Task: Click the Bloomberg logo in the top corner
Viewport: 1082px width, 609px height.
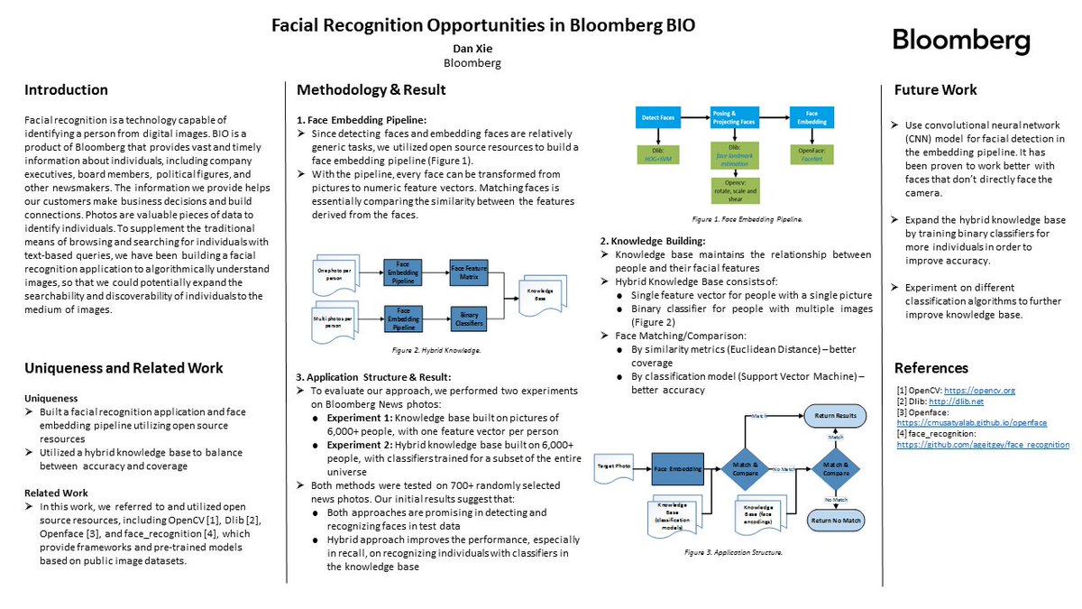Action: click(960, 40)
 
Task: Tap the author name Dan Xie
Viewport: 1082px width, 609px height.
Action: click(472, 48)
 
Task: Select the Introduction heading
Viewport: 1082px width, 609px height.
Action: click(66, 89)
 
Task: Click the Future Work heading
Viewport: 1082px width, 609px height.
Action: click(935, 89)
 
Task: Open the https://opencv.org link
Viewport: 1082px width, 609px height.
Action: click(980, 390)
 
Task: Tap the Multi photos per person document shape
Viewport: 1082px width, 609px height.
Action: click(338, 321)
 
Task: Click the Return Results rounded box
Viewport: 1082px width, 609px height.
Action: click(836, 415)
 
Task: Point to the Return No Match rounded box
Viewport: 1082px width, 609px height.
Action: click(836, 520)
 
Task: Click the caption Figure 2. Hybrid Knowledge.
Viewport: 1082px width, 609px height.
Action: click(422, 349)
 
